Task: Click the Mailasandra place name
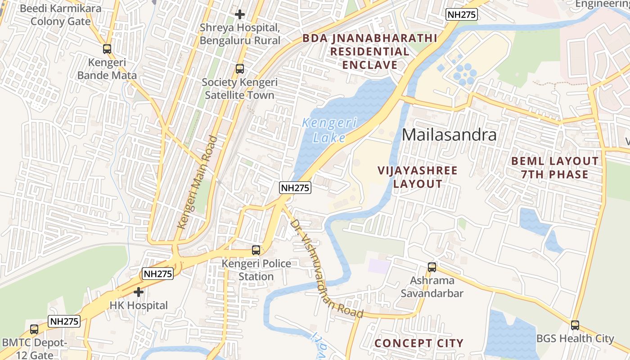click(449, 135)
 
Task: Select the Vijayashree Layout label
click(418, 177)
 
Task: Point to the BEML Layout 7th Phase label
click(555, 167)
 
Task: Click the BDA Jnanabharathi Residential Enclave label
click(370, 51)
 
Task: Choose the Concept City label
click(419, 343)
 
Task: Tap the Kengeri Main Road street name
click(197, 182)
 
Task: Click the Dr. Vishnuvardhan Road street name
click(326, 269)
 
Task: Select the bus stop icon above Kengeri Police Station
click(256, 250)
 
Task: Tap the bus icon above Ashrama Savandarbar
click(432, 267)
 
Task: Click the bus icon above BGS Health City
click(575, 325)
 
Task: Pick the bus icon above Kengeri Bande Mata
click(107, 49)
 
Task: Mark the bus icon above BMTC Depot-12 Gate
click(34, 329)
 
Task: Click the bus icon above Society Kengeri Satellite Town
click(240, 69)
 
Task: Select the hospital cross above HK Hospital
click(139, 292)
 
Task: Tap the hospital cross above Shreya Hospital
click(240, 14)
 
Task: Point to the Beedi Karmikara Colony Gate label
click(61, 15)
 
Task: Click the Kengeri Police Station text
click(256, 270)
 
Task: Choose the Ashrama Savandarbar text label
click(432, 287)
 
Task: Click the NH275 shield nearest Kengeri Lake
click(295, 188)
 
